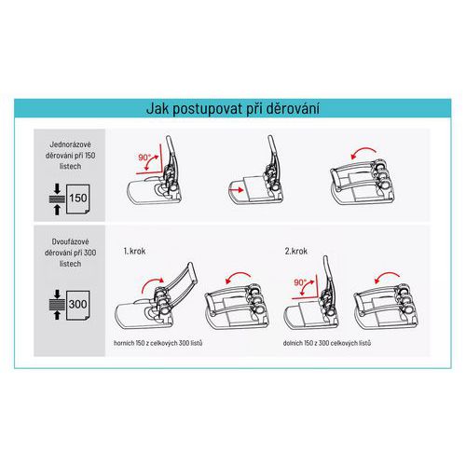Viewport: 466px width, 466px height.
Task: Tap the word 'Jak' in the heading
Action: (158, 108)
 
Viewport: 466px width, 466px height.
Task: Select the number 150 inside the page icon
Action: (78, 198)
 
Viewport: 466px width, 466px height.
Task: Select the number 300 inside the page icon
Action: (78, 304)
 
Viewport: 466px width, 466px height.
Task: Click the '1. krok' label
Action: (134, 251)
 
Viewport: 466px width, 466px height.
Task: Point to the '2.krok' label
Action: (296, 251)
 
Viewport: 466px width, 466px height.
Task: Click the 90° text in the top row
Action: (144, 158)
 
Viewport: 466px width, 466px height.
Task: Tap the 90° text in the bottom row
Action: (300, 282)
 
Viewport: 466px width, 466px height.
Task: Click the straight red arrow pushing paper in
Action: (236, 189)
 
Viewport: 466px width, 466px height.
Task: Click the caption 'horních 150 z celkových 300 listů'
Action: (158, 343)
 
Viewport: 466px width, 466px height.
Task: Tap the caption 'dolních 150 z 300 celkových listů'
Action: (327, 343)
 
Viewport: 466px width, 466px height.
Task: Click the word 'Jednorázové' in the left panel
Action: (70, 144)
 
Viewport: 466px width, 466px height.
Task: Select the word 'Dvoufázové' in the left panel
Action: (70, 241)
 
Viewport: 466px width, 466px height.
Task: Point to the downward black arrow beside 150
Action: (57, 188)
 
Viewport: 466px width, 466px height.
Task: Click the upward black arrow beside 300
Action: (57, 315)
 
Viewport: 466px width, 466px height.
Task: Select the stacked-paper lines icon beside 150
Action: (57, 199)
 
